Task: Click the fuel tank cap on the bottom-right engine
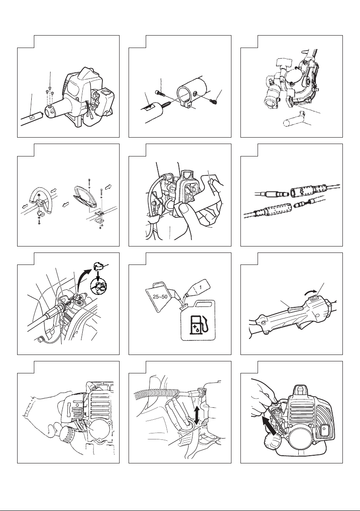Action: (326, 430)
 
